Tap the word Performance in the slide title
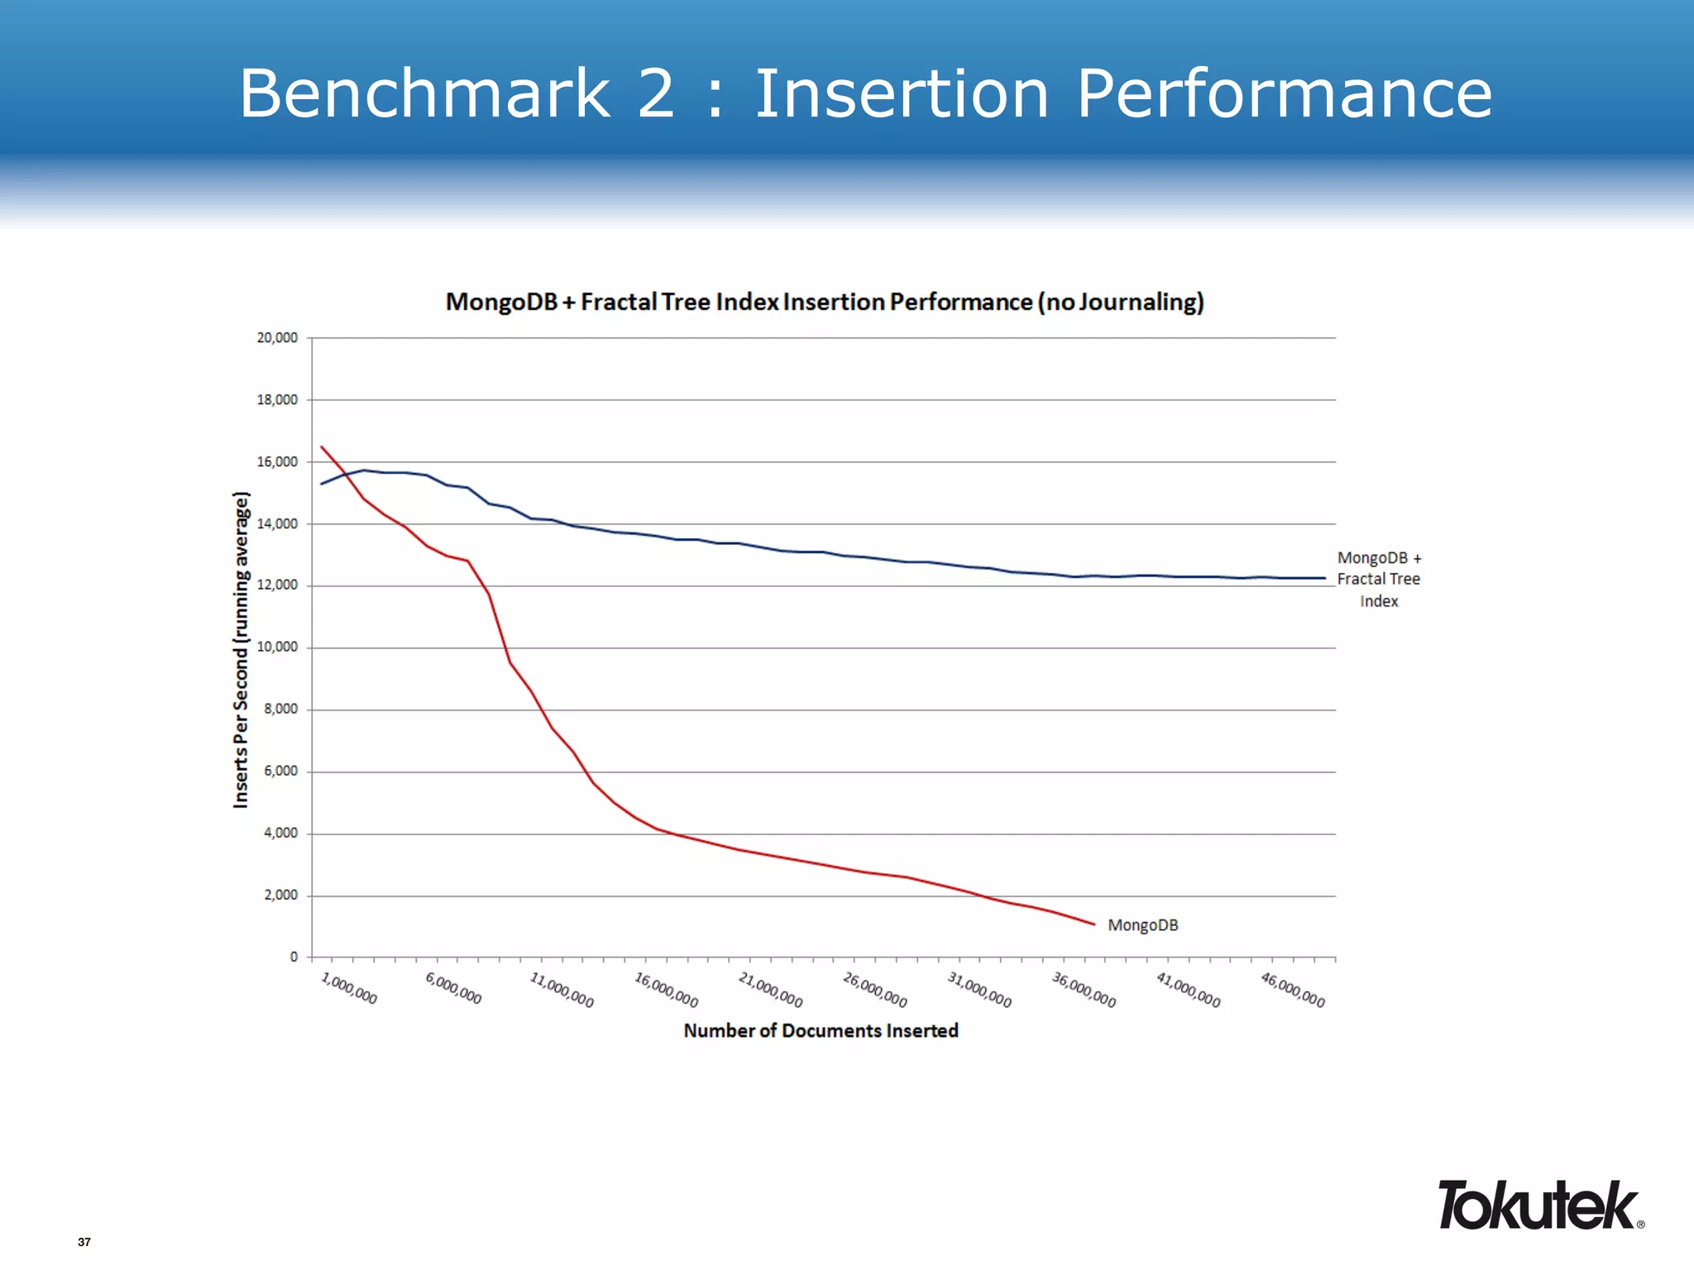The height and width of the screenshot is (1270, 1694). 1284,93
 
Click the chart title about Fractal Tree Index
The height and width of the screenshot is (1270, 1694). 825,302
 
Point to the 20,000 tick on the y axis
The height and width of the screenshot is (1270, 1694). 277,337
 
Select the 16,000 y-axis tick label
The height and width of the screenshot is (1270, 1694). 277,461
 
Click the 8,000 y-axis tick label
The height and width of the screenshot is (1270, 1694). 280,709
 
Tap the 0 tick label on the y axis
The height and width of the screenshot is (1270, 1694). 294,957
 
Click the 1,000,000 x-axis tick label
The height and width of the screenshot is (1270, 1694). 349,989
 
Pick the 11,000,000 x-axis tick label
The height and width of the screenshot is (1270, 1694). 562,991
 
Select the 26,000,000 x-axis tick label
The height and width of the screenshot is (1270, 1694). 875,991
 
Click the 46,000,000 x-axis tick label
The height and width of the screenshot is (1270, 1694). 1293,991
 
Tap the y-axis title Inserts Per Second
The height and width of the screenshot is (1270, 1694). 241,649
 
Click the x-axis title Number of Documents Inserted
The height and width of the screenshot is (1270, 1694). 821,1030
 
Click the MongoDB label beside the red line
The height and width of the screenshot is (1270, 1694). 1142,925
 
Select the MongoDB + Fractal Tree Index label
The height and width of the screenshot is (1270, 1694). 1379,580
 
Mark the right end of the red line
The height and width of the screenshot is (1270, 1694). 1094,924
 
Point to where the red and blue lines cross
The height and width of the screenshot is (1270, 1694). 345,475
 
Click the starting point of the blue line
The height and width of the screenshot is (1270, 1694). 322,484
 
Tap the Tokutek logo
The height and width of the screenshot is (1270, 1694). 1539,1206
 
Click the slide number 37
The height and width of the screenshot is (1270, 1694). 84,1242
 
